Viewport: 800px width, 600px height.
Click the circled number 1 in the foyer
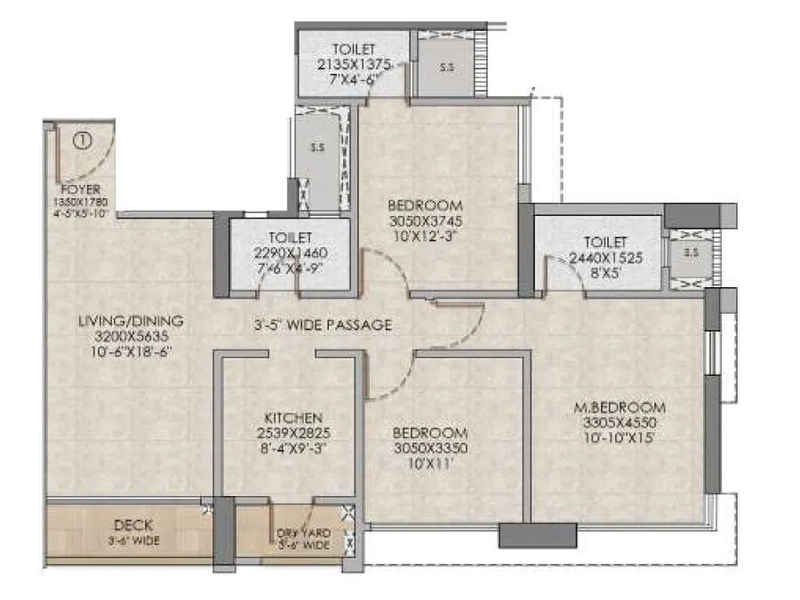pyautogui.click(x=82, y=140)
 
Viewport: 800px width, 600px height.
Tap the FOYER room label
pyautogui.click(x=80, y=189)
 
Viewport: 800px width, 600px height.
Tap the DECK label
pyautogui.click(x=131, y=525)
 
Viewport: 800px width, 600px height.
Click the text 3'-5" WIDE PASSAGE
pyautogui.click(x=321, y=325)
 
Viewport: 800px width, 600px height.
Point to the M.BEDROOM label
pyautogui.click(x=620, y=408)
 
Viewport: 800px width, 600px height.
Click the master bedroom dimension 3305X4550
pyautogui.click(x=620, y=423)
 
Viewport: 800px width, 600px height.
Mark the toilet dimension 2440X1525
pyautogui.click(x=605, y=258)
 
